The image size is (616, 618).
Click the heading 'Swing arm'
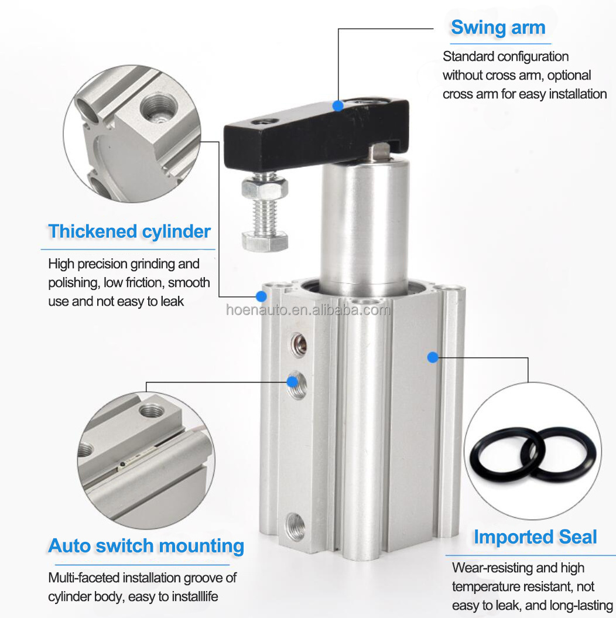click(x=498, y=28)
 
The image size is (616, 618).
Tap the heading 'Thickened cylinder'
click(x=129, y=232)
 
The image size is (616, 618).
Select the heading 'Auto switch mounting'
click(x=146, y=547)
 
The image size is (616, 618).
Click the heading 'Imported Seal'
click(x=535, y=537)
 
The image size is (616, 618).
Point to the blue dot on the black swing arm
click(x=338, y=105)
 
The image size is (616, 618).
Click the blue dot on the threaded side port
click(x=292, y=381)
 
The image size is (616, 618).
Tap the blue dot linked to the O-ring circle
click(x=433, y=357)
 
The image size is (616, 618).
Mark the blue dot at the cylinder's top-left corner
click(x=261, y=296)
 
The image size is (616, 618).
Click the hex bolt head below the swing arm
click(x=265, y=241)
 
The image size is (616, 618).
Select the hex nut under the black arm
click(x=265, y=187)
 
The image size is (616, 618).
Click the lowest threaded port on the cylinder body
click(x=295, y=526)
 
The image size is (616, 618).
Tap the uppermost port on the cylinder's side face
click(x=298, y=344)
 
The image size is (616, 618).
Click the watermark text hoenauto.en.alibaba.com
click(x=308, y=310)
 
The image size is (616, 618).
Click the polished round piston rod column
click(x=364, y=225)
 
